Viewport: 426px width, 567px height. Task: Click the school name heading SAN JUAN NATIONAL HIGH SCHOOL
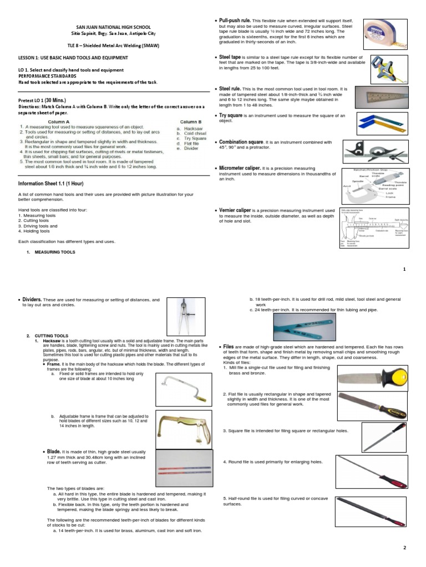click(113, 27)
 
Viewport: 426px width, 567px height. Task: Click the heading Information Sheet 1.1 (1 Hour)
click(50, 183)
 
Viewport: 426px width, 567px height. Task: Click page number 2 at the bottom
click(404, 548)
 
